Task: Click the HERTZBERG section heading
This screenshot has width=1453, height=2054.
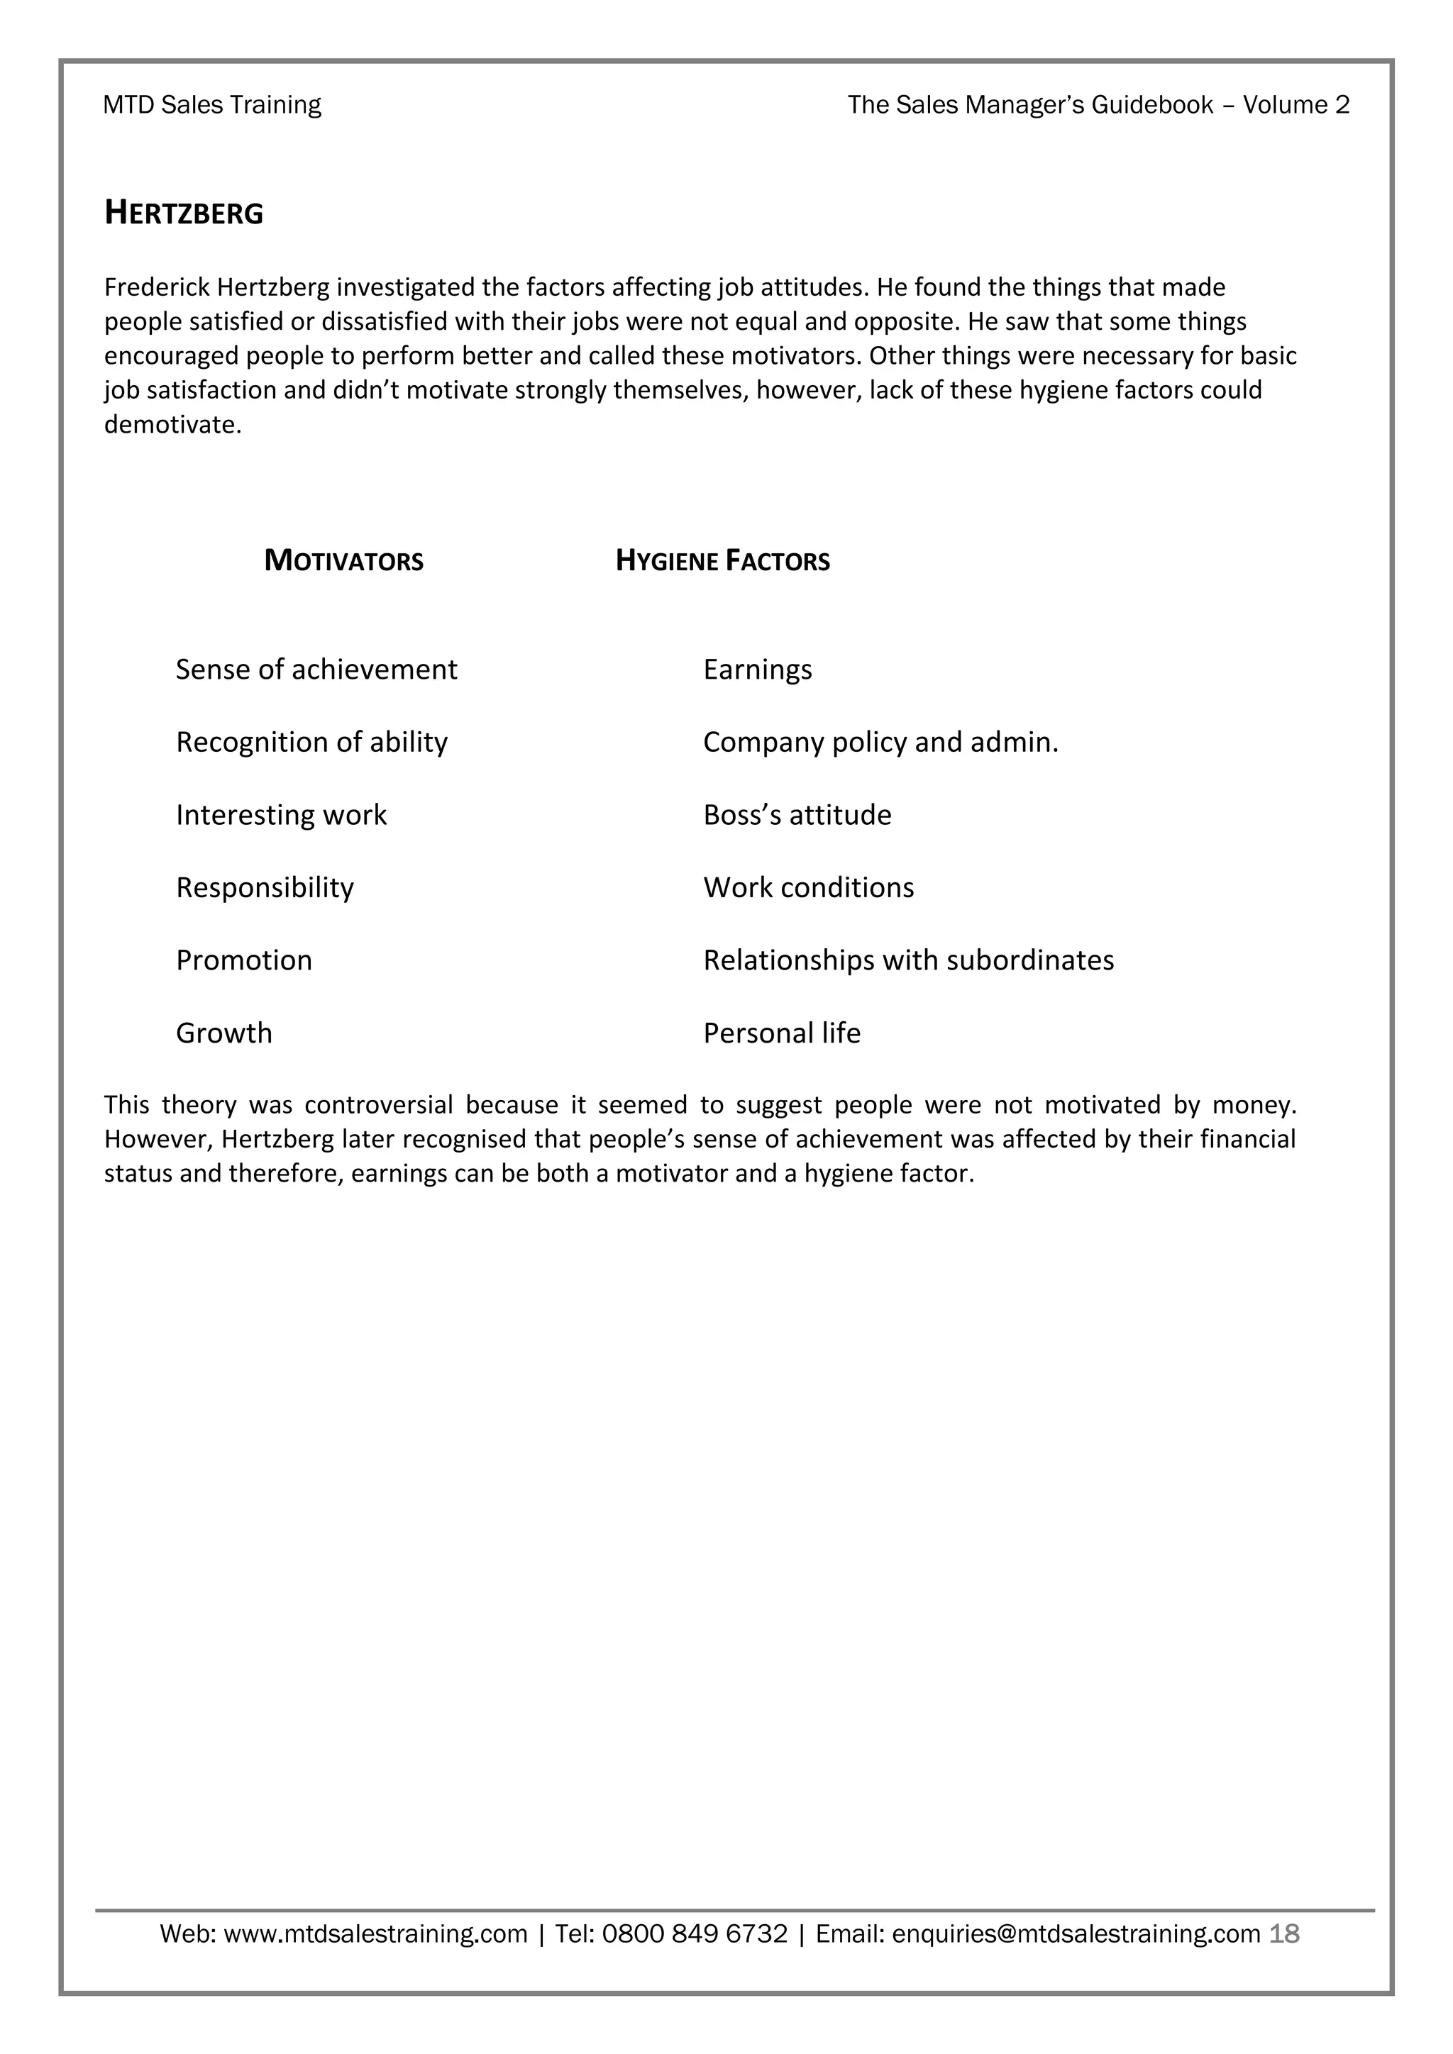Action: tap(184, 213)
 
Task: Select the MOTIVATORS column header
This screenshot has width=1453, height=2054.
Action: tap(343, 561)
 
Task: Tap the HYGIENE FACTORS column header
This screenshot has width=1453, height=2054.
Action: tap(722, 561)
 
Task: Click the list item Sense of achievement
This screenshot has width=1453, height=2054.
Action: tap(316, 669)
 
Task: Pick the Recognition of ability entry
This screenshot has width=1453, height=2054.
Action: tap(311, 742)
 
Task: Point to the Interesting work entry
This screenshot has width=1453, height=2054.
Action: tap(281, 815)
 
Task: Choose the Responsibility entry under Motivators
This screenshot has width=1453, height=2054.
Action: tap(265, 887)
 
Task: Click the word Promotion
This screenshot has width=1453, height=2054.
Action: tap(244, 960)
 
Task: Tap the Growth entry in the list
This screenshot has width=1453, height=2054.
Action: tap(223, 1033)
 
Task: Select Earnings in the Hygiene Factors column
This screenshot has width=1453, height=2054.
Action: tap(757, 669)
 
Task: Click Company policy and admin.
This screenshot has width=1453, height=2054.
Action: tap(880, 742)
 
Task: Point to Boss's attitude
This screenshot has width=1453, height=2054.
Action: tap(797, 815)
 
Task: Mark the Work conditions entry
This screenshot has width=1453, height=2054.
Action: tap(809, 887)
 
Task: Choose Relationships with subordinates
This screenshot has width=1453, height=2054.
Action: tap(908, 960)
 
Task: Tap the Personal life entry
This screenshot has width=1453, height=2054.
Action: tap(782, 1033)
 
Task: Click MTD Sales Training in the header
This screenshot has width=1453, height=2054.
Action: tap(212, 106)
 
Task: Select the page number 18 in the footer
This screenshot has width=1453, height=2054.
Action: tap(1284, 1934)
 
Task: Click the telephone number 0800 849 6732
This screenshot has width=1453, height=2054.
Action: tap(695, 1934)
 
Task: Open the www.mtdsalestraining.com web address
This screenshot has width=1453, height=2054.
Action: tap(376, 1934)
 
